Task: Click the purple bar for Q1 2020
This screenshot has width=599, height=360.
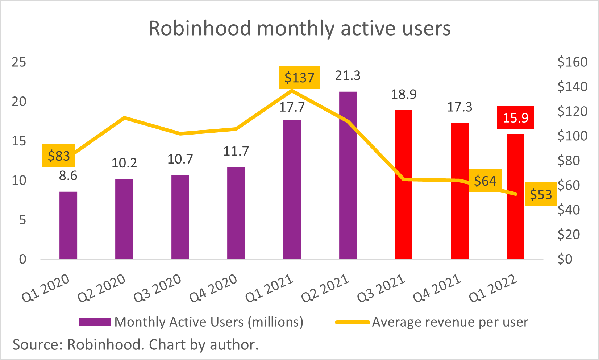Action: (x=68, y=225)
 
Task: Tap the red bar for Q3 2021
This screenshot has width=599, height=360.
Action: (x=403, y=185)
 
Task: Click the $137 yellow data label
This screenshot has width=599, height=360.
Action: (x=299, y=77)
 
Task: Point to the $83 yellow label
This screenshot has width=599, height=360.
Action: (x=59, y=156)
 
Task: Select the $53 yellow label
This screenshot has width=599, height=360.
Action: (x=541, y=195)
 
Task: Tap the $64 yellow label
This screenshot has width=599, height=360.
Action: (x=485, y=181)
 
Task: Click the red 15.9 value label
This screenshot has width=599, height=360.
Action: (x=515, y=117)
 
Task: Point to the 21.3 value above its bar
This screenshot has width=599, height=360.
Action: (x=348, y=75)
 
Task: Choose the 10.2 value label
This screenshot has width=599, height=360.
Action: (x=124, y=163)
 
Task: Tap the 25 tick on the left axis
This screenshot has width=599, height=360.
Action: (x=19, y=62)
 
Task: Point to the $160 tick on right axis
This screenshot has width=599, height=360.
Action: (x=572, y=62)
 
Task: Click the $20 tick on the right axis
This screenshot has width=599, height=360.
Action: (x=569, y=234)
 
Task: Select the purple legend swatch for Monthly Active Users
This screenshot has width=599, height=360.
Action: (x=94, y=322)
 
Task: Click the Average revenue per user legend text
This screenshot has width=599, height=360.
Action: (x=450, y=322)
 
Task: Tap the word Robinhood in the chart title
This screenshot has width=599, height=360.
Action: (x=200, y=28)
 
